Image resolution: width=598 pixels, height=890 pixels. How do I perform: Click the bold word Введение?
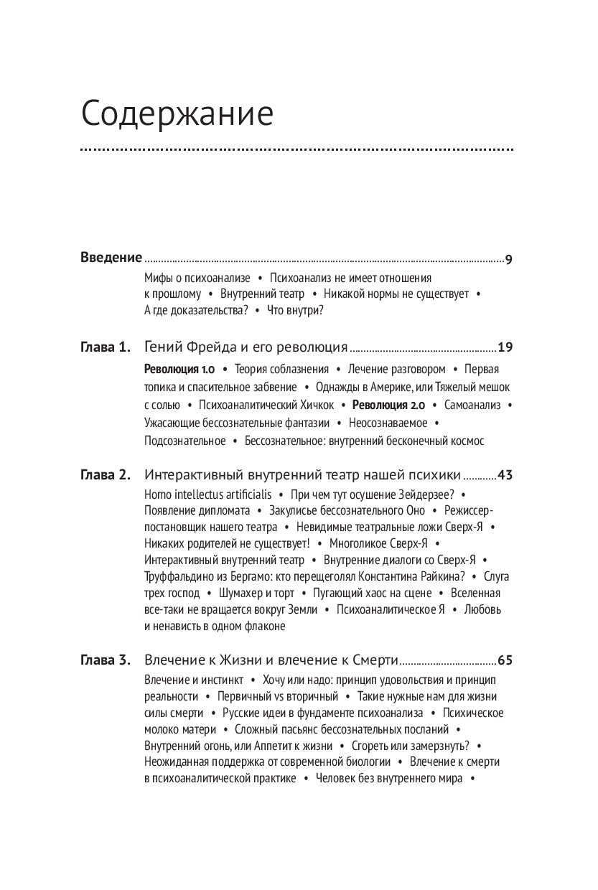[x=111, y=258]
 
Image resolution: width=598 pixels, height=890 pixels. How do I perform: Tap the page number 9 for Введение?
[x=508, y=259]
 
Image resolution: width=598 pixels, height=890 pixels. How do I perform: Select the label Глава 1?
[x=105, y=348]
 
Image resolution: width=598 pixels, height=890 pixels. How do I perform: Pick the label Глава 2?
[x=105, y=474]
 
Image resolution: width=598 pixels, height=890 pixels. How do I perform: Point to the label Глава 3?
[x=105, y=660]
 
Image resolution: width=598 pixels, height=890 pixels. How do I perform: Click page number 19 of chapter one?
[x=505, y=348]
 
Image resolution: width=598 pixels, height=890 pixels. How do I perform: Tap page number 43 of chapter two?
[x=505, y=474]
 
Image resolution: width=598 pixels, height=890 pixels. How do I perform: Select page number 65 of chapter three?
[x=505, y=660]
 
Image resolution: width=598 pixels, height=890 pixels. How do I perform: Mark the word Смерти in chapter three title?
[x=373, y=660]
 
